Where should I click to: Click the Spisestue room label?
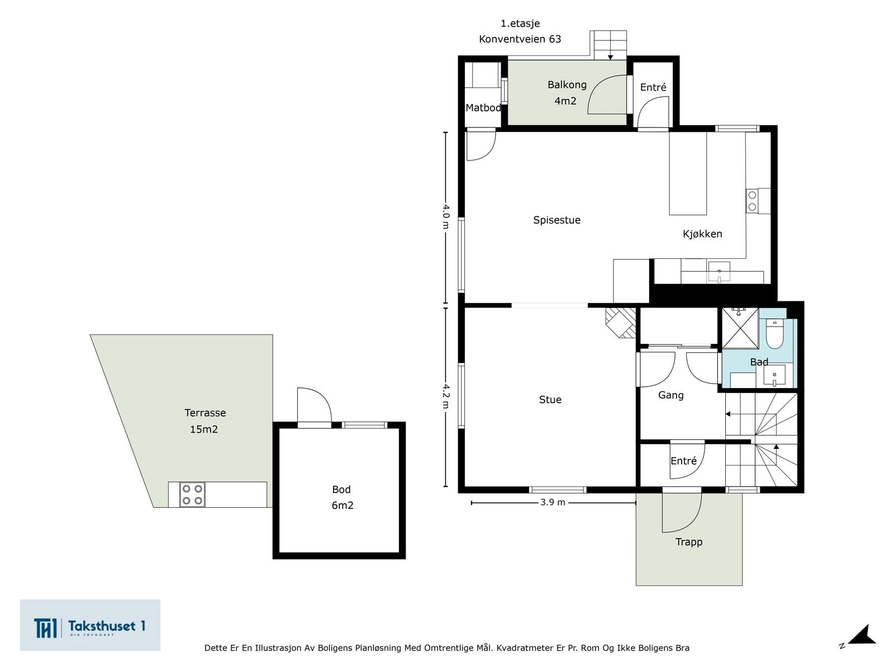pyautogui.click(x=557, y=220)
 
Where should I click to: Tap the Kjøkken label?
pyautogui.click(x=702, y=234)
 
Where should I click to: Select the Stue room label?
pyautogui.click(x=550, y=400)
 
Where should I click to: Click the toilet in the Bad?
pyautogui.click(x=775, y=334)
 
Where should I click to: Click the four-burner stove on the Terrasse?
pyautogui.click(x=192, y=495)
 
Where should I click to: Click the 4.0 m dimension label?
pyautogui.click(x=445, y=216)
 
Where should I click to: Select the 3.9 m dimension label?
pyautogui.click(x=553, y=503)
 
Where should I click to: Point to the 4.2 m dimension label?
pyautogui.click(x=445, y=396)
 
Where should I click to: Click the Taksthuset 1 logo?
pyautogui.click(x=90, y=626)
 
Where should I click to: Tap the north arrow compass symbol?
pyautogui.click(x=860, y=636)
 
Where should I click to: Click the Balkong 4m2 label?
pyautogui.click(x=567, y=93)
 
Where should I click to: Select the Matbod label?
pyautogui.click(x=483, y=108)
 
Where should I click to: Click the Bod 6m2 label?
pyautogui.click(x=342, y=497)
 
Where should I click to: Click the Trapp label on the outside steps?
pyautogui.click(x=688, y=542)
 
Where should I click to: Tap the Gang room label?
pyautogui.click(x=670, y=395)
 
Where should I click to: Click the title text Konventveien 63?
pyautogui.click(x=520, y=39)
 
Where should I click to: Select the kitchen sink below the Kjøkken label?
pyautogui.click(x=719, y=272)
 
